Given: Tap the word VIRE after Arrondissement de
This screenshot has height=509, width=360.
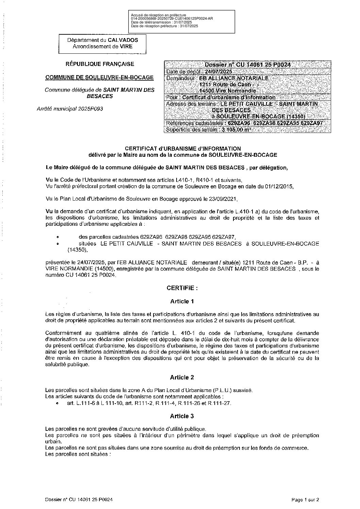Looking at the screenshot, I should pyautogui.click(x=126, y=46).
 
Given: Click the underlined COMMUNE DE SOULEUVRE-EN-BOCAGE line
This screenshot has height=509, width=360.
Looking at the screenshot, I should pyautogui.click(x=100, y=78).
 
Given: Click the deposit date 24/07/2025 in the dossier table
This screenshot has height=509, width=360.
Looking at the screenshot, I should pyautogui.click(x=218, y=72).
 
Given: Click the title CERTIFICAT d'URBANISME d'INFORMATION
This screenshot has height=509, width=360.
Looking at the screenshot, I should pyautogui.click(x=183, y=149).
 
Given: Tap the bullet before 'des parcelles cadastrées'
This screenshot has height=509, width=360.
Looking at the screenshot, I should pyautogui.click(x=58, y=237).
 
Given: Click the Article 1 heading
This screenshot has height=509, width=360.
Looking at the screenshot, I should pyautogui.click(x=182, y=301).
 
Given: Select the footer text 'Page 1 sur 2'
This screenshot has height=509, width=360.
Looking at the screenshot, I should pyautogui.click(x=305, y=500).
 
